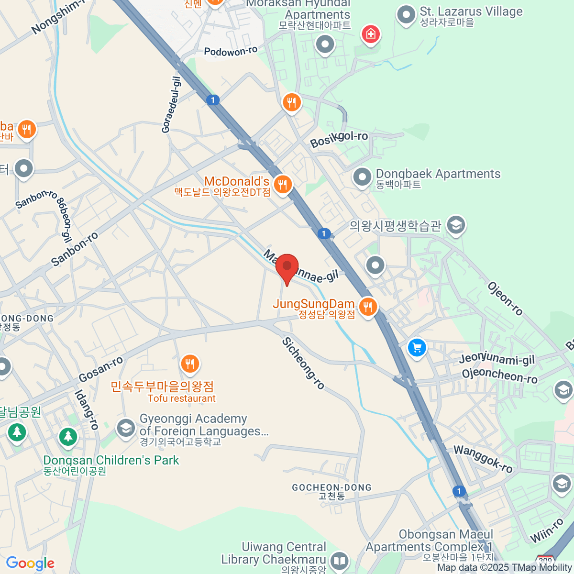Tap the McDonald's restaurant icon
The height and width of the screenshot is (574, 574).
(283, 184)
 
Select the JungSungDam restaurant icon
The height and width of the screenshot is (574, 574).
(367, 307)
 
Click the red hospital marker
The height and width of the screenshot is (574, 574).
(371, 34)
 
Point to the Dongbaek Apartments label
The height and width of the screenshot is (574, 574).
(438, 174)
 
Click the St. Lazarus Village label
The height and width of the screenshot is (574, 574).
(471, 12)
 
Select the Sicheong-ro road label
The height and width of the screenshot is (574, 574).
(303, 363)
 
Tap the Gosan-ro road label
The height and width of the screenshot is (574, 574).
(101, 370)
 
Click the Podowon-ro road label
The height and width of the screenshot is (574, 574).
(231, 51)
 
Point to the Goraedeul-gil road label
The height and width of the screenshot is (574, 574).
(171, 105)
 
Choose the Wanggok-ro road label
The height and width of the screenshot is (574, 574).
(483, 458)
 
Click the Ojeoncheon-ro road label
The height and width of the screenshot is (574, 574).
(499, 375)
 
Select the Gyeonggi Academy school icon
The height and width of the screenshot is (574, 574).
(126, 427)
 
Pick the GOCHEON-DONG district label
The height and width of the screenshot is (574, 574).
(331, 488)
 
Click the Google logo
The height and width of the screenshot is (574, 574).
(30, 563)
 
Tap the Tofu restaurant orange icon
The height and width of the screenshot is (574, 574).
(190, 364)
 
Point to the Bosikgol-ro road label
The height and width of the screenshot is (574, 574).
(339, 139)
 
